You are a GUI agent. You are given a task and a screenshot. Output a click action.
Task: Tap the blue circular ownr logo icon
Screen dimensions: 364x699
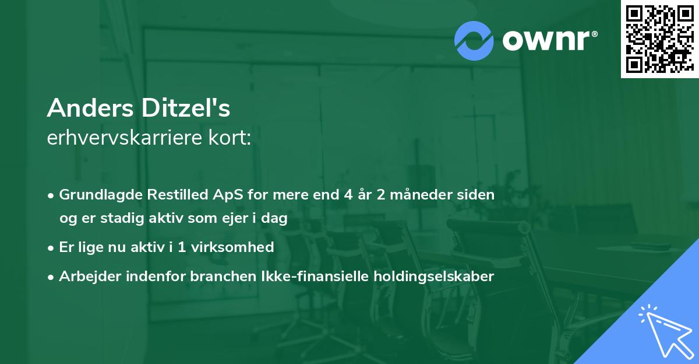pyautogui.click(x=473, y=40)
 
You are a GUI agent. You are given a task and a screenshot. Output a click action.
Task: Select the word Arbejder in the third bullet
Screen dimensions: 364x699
pyautogui.click(x=87, y=276)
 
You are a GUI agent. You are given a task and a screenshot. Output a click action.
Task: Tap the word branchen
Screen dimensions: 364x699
pyautogui.click(x=215, y=276)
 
